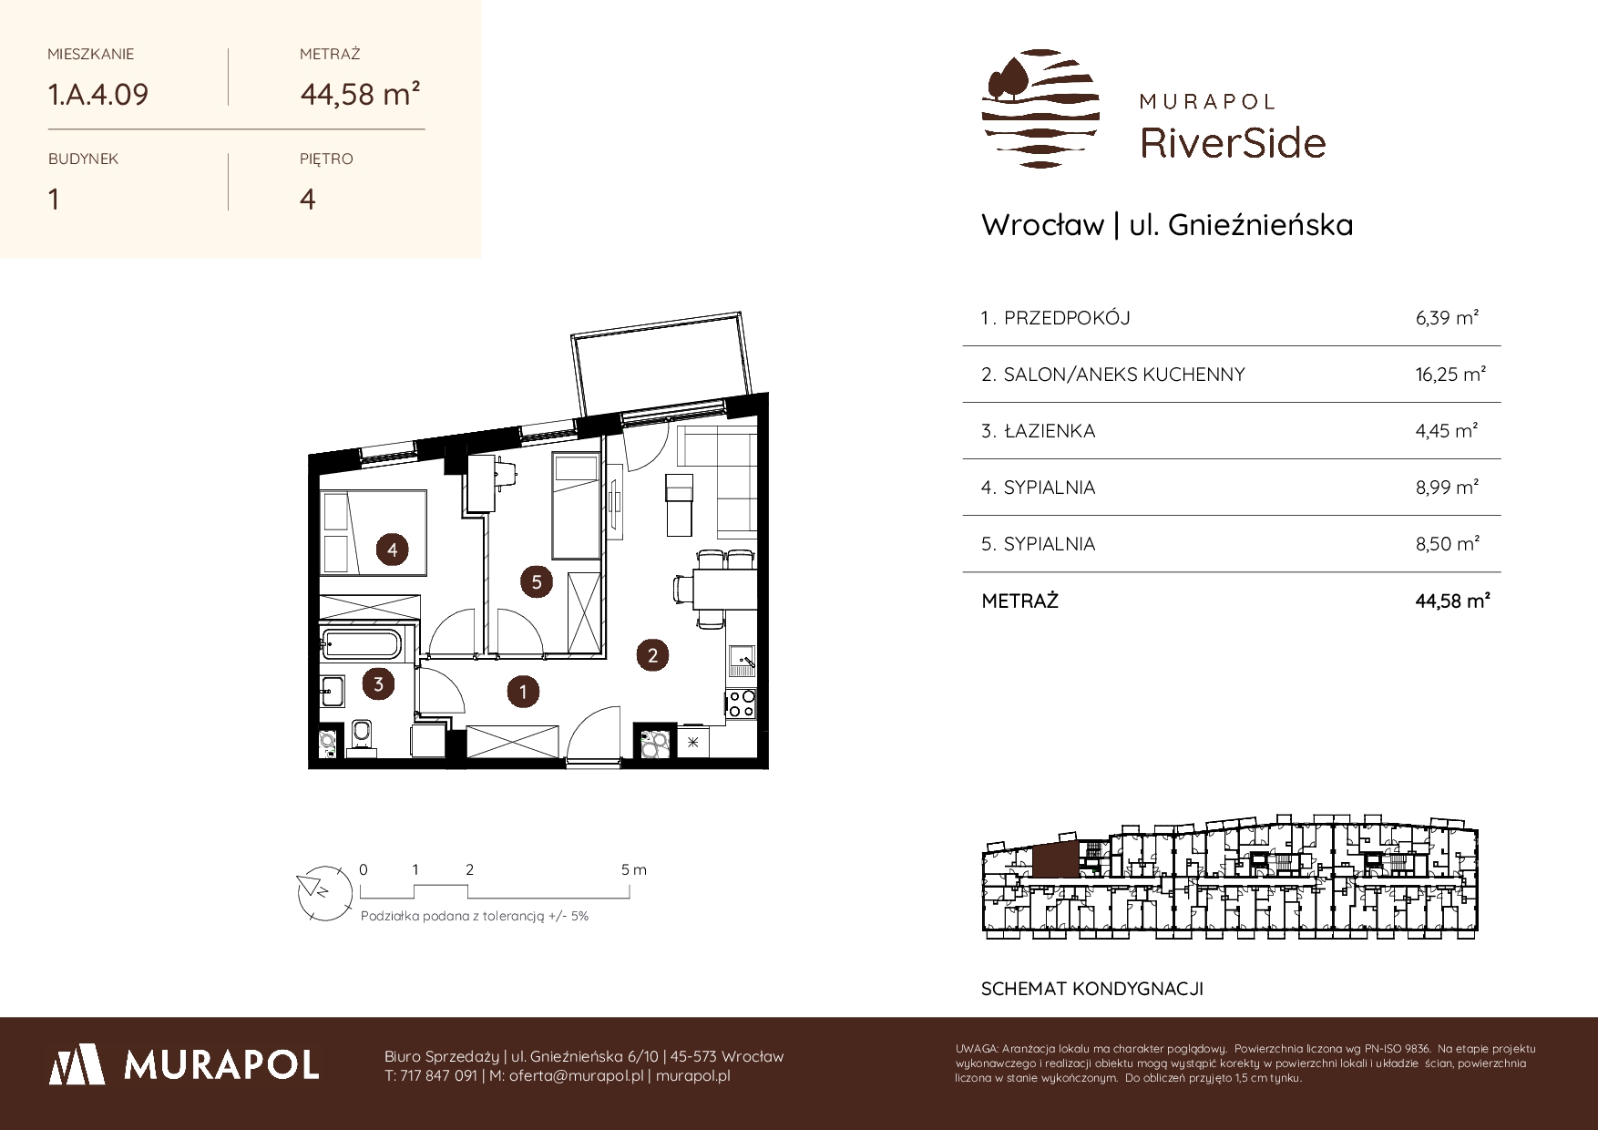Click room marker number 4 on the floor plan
pyautogui.click(x=392, y=550)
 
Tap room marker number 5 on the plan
pyautogui.click(x=537, y=581)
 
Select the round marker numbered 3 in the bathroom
pyautogui.click(x=378, y=684)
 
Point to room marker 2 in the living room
pyautogui.click(x=652, y=654)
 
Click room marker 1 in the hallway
pyautogui.click(x=523, y=692)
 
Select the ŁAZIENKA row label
pyautogui.click(x=1050, y=431)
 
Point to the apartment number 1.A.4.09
pyautogui.click(x=98, y=94)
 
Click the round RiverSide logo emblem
pyautogui.click(x=1040, y=108)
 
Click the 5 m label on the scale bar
pyautogui.click(x=634, y=869)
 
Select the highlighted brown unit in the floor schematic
pyautogui.click(x=1055, y=860)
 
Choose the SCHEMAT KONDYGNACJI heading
pyautogui.click(x=1092, y=989)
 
